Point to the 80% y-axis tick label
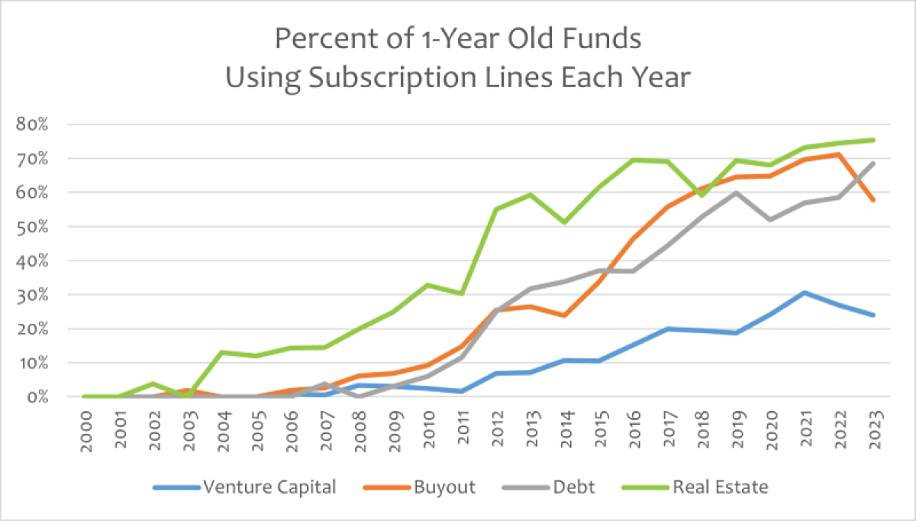33,125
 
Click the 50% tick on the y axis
33,227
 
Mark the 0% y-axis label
37,397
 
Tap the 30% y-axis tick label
33,295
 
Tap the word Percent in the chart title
313,37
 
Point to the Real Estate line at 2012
495,209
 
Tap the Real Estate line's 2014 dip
563,222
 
